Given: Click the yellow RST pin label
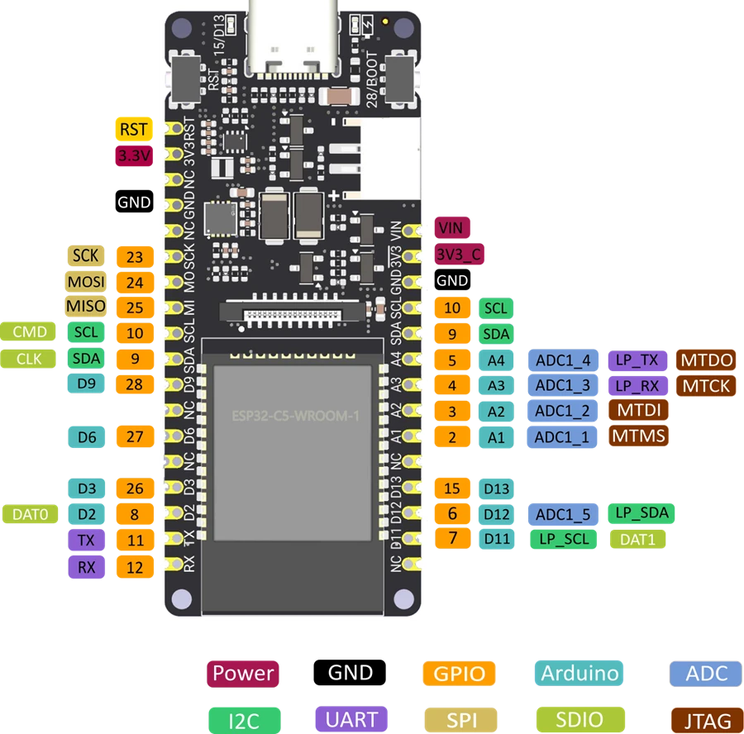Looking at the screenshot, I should point(134,130).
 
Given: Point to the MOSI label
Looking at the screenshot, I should point(86,282).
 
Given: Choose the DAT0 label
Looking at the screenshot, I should point(31,515).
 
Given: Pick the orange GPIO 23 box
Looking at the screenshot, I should point(135,257).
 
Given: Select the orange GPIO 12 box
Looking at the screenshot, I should point(135,566).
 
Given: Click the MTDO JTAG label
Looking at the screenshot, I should point(705,360).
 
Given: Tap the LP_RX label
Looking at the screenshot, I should point(637,386).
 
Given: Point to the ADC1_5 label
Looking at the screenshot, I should point(563,515).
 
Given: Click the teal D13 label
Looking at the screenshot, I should point(496,489).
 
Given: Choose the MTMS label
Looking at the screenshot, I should point(639,436).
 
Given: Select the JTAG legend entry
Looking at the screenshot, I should point(701,720).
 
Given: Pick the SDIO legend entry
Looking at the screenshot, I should point(580,720).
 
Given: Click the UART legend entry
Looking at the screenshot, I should point(351,719).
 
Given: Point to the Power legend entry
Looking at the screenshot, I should point(243,673).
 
